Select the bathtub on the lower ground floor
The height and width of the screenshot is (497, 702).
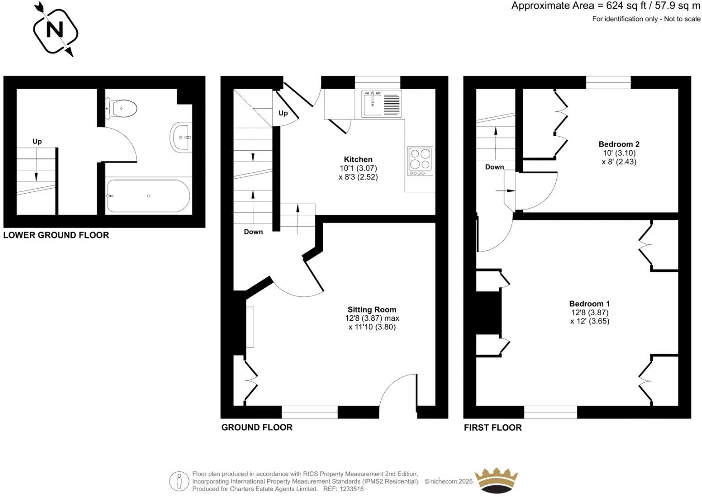[148, 196]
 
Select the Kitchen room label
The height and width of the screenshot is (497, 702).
[358, 159]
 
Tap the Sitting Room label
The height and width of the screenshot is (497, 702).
[372, 310]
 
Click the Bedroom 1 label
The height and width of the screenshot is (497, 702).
[589, 304]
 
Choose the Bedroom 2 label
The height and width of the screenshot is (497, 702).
[619, 144]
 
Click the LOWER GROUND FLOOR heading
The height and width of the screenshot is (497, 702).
[56, 235]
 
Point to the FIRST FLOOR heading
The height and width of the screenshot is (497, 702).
[493, 428]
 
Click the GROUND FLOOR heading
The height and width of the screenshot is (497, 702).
[257, 428]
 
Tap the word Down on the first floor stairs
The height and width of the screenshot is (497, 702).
[495, 167]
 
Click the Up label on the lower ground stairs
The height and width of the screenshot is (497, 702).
[37, 142]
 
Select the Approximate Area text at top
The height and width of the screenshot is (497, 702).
[606, 6]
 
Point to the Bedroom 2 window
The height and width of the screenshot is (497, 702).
[608, 82]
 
